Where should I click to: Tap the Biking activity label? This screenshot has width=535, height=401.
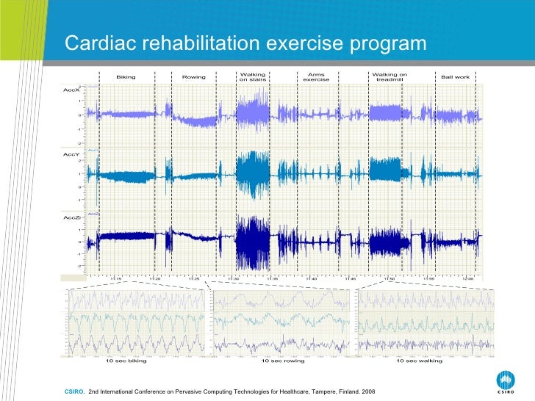[126, 77]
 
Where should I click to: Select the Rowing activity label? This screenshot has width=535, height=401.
[194, 77]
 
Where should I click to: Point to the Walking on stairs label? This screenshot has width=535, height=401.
[253, 77]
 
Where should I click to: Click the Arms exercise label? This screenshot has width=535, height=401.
[316, 77]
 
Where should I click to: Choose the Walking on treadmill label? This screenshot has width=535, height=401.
[389, 77]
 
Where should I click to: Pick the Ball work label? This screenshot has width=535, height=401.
[455, 77]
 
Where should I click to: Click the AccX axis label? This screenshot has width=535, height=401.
[71, 89]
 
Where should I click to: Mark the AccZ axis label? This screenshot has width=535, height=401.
[71, 218]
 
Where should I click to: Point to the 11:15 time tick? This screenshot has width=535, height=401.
[116, 279]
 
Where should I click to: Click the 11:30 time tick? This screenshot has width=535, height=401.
[233, 279]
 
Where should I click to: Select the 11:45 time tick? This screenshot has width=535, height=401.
[350, 279]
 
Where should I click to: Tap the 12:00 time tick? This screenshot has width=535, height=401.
[467, 279]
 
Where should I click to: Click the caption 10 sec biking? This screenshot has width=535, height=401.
[126, 361]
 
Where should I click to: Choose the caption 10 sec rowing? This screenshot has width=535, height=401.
[283, 361]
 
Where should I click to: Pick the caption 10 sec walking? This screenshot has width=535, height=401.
[419, 361]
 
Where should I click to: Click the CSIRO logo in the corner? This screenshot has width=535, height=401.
[506, 382]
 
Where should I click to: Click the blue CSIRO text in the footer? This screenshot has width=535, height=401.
[74, 390]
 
